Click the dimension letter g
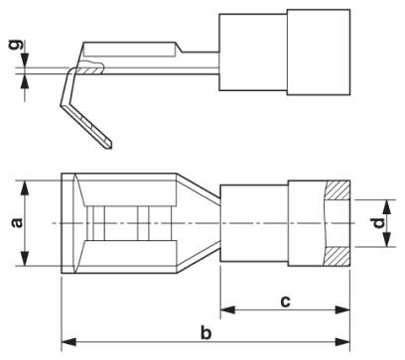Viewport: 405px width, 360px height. coord(16,45)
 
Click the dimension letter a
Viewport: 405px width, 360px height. coord(17,223)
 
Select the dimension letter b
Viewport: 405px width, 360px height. coord(205,332)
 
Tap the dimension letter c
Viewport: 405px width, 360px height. coord(285,301)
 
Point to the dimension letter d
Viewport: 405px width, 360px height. coord(379,223)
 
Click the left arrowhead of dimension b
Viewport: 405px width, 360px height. coord(68,342)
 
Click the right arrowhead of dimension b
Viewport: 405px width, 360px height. coord(342,342)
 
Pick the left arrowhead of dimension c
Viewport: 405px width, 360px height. coord(228,310)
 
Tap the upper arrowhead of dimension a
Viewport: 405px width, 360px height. coord(25,188)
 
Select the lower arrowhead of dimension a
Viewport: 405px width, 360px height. coord(25,258)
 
